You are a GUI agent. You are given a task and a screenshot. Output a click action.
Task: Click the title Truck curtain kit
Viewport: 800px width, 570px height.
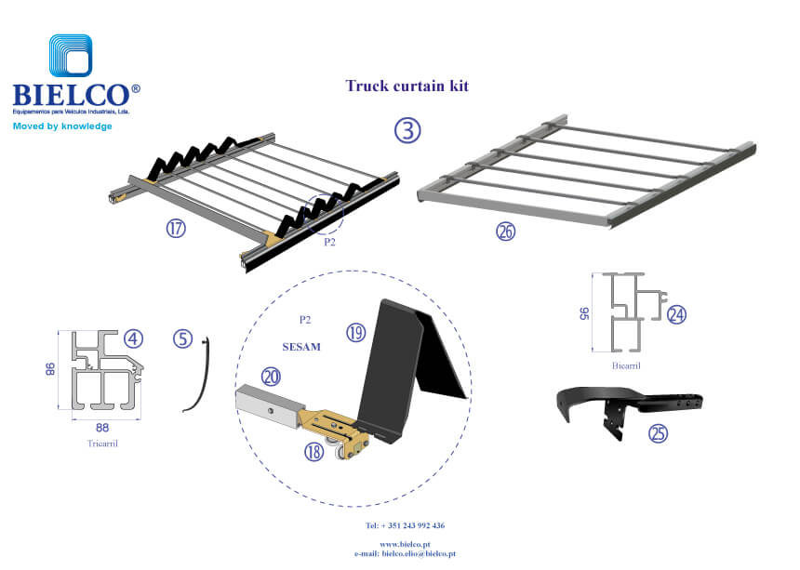413,86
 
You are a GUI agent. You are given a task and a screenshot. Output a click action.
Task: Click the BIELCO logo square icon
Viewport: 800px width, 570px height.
71,58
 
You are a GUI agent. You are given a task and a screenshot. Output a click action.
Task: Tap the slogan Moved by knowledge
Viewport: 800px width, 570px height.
62,126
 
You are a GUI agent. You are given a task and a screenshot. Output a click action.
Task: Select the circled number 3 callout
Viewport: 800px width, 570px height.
407,130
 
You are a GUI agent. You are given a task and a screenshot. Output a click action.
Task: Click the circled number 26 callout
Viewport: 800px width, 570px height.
505,232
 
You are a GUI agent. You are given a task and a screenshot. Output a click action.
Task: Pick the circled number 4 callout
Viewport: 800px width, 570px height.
134,338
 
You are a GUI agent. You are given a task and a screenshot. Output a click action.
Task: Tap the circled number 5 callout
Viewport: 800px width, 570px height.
182,339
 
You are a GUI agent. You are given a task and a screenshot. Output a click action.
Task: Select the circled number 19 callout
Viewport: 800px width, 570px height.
355,332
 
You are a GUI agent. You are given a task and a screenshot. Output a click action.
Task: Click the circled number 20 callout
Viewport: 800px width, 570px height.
271,377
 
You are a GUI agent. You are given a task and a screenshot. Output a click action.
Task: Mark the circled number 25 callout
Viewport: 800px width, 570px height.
660,433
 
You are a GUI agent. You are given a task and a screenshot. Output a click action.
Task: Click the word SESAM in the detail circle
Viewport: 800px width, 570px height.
300,347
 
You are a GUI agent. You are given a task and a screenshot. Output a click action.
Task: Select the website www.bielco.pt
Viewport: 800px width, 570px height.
405,544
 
